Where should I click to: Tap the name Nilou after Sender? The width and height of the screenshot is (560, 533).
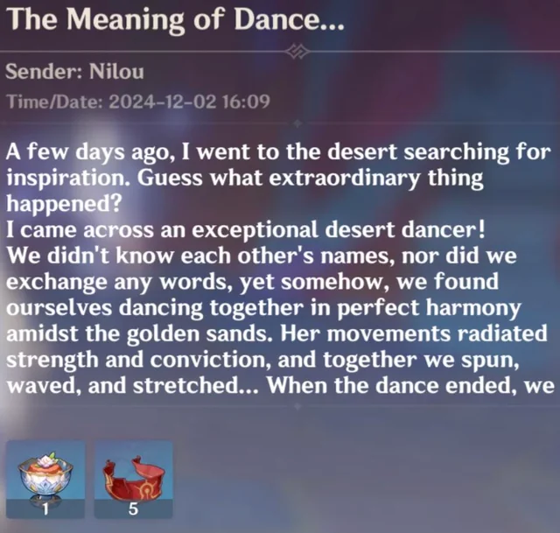[116, 72]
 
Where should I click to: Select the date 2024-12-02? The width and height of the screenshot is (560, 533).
[163, 102]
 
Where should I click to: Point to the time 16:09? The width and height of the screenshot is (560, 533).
[246, 102]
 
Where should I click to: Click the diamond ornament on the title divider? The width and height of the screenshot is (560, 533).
[297, 52]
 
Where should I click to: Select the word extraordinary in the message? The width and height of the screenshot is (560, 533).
[344, 179]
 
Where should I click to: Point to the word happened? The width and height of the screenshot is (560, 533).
[64, 205]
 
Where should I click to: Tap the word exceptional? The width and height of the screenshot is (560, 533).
[255, 230]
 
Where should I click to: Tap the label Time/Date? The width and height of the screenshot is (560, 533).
[55, 102]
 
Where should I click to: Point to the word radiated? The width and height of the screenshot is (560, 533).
[502, 333]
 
